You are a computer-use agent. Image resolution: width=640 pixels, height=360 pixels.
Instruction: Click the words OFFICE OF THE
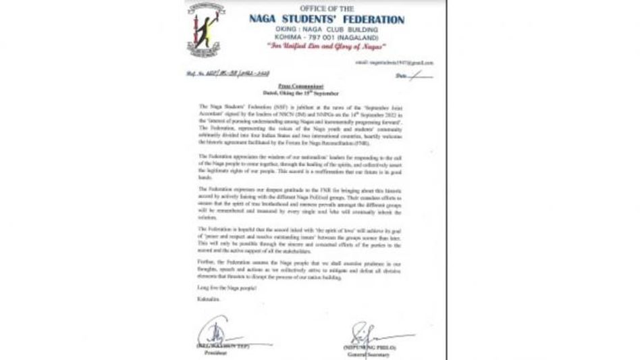(327, 8)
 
